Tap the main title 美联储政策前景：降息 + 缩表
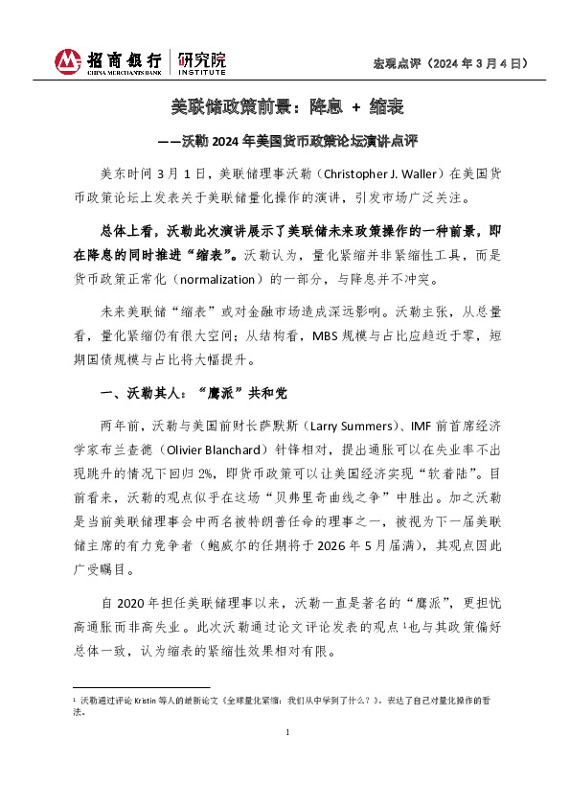tap(285, 108)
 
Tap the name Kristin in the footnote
tap(153, 701)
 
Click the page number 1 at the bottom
tap(285, 760)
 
